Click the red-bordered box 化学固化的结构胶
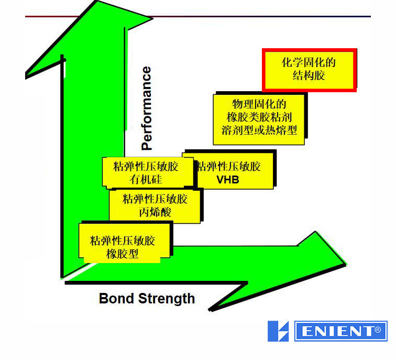coord(309,70)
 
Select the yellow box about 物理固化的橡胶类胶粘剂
coord(260,118)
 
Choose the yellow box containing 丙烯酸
coord(155,205)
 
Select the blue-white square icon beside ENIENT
coord(278,332)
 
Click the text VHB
coord(228,180)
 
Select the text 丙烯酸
coord(155,212)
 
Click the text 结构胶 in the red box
coord(309,76)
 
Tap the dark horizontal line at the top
coord(262,16)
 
